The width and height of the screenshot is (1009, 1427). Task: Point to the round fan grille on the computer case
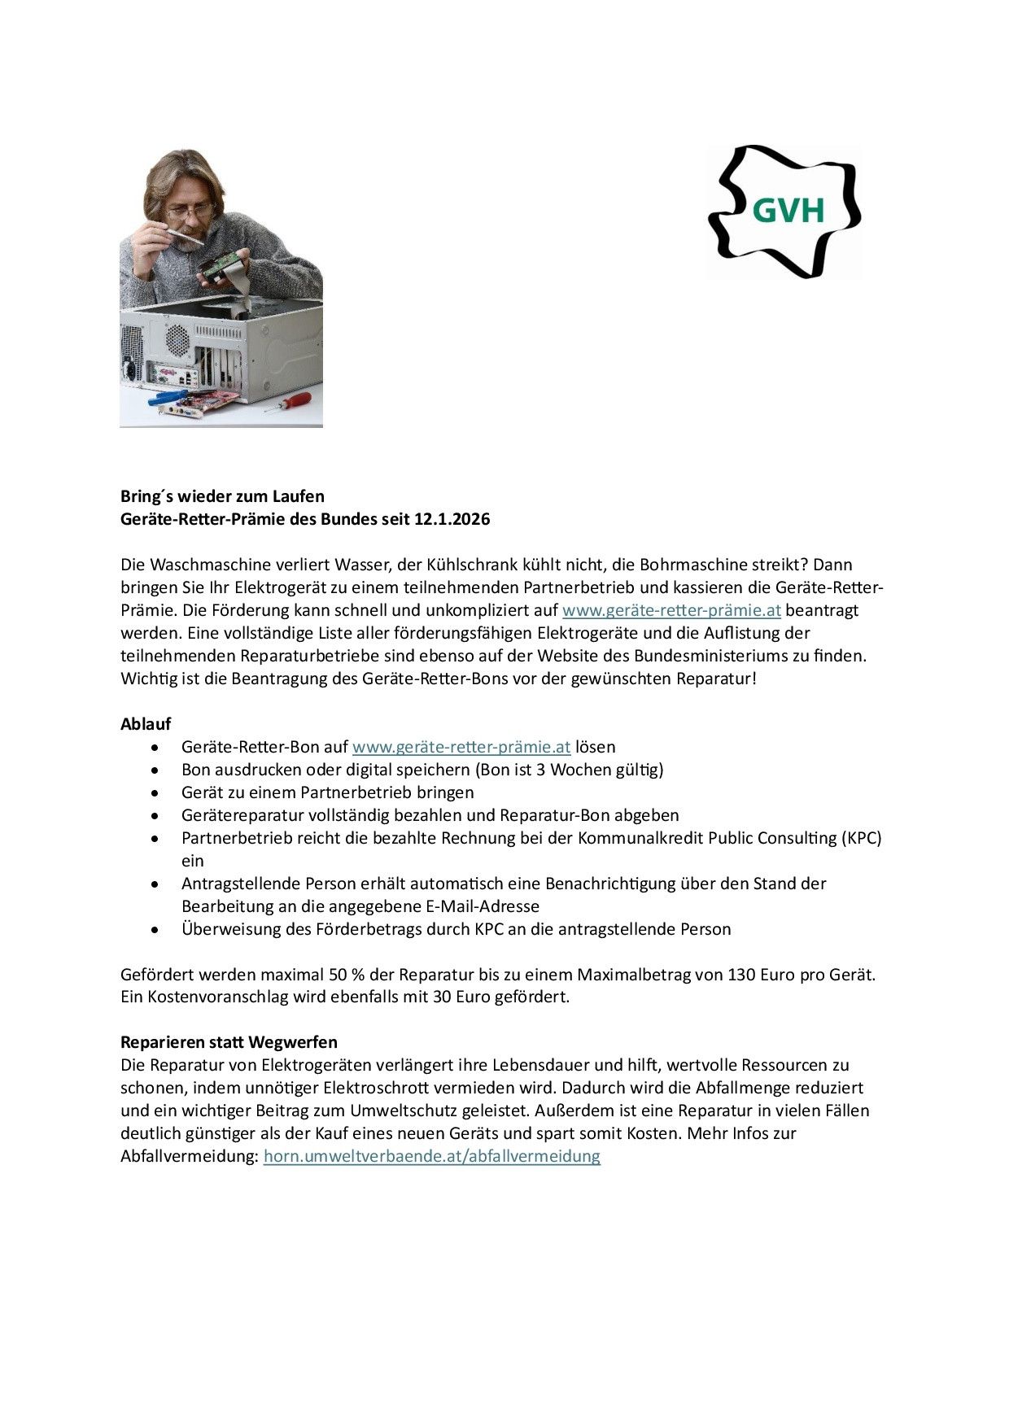[x=177, y=338]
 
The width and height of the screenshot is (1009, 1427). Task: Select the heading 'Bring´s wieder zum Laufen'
[x=222, y=496]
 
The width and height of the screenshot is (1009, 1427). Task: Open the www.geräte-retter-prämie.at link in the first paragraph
[x=671, y=610]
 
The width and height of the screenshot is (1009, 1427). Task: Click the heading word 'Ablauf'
[x=146, y=724]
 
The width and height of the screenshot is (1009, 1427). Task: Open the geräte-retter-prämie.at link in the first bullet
[x=461, y=747]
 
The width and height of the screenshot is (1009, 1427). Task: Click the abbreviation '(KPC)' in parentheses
[x=861, y=838]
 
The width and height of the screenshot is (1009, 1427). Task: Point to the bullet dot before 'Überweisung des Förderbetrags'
[x=155, y=929]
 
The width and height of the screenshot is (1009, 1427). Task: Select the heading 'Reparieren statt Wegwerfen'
[x=229, y=1042]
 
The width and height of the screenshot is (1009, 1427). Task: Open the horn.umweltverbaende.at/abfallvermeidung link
[x=432, y=1156]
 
